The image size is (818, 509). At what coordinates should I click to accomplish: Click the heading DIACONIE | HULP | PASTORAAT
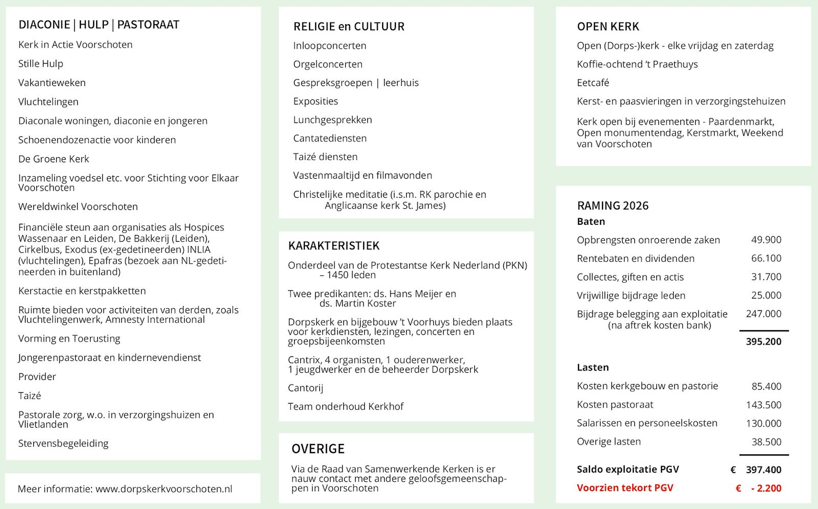(x=99, y=25)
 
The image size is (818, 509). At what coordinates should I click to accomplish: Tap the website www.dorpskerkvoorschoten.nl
(x=164, y=489)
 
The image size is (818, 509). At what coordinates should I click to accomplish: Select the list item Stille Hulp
(x=41, y=64)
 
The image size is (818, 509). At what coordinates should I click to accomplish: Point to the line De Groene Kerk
(x=54, y=159)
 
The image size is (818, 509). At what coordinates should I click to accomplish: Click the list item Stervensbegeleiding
(x=63, y=443)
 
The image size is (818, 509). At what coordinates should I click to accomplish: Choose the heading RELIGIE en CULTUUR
(x=349, y=27)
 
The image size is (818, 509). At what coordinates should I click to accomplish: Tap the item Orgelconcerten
(x=328, y=65)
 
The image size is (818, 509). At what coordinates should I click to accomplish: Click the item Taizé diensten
(x=325, y=157)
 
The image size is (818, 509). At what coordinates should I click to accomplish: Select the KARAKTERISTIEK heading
(x=334, y=246)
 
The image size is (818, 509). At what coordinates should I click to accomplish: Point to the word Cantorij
(x=305, y=388)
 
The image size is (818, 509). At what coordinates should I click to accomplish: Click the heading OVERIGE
(x=318, y=449)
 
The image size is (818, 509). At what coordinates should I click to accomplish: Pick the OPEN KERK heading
(x=608, y=27)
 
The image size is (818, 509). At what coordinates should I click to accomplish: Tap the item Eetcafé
(x=593, y=83)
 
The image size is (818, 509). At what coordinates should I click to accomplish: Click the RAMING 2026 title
(x=612, y=206)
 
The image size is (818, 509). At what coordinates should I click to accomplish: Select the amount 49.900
(x=766, y=240)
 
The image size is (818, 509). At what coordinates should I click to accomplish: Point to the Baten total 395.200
(x=763, y=342)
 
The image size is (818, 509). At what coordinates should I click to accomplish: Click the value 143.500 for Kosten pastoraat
(x=763, y=405)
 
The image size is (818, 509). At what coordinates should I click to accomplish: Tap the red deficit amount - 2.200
(x=766, y=489)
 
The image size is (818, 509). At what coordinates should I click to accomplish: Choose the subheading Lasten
(x=592, y=368)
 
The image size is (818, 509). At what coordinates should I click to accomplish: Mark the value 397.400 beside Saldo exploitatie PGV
(x=763, y=470)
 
